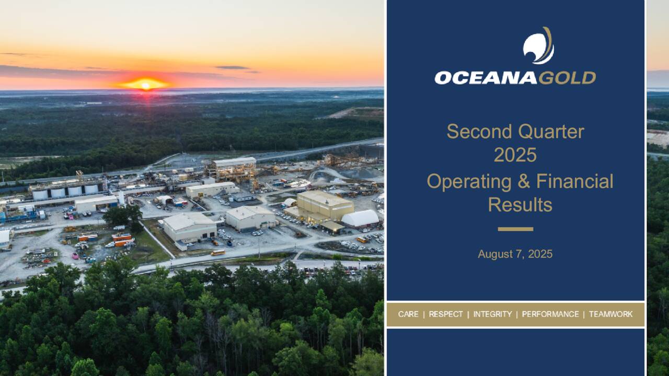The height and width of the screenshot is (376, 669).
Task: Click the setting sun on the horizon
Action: tap(145, 84)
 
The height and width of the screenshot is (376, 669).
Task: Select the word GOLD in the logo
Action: tap(567, 78)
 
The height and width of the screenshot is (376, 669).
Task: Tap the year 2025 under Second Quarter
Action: tap(515, 155)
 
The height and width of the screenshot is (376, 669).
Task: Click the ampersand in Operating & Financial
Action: tap(506, 182)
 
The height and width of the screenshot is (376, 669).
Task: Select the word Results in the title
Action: tap(520, 205)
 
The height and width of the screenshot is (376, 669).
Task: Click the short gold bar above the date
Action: tap(515, 229)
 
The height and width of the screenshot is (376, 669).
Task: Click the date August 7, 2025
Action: tap(515, 254)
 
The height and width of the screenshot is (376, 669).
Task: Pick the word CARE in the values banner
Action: tap(408, 314)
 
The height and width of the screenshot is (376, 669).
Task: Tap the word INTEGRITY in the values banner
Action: tap(492, 314)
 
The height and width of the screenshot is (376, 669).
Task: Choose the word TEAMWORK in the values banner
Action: tap(610, 314)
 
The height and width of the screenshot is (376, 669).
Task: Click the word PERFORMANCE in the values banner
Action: tap(550, 314)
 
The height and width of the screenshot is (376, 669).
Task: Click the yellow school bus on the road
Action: tap(218, 252)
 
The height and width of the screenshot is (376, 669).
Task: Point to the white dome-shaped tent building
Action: tap(361, 218)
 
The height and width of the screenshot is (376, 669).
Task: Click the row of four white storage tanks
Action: tap(65, 192)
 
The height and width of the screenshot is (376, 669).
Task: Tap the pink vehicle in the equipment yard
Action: tap(75, 256)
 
